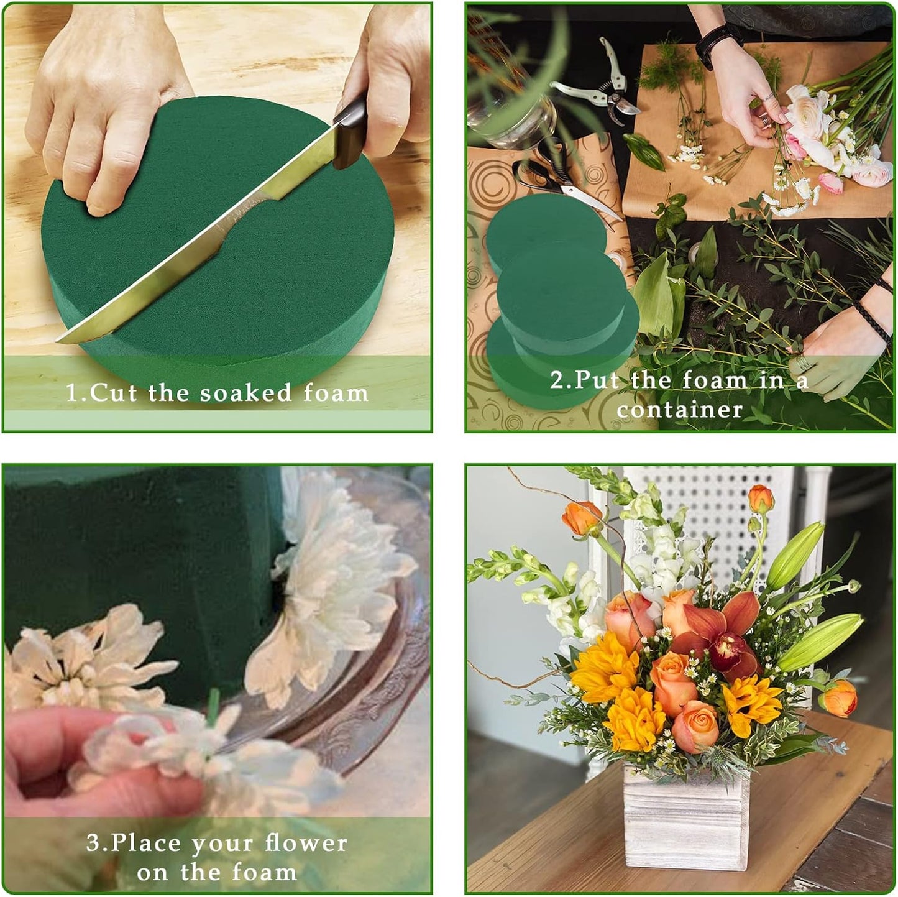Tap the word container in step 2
click(679, 409)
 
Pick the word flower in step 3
click(306, 843)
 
